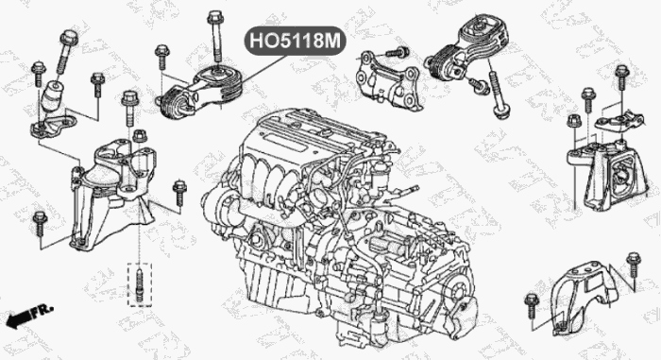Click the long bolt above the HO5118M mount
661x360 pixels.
click(215, 38)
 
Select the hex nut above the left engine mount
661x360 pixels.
click(140, 136)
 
